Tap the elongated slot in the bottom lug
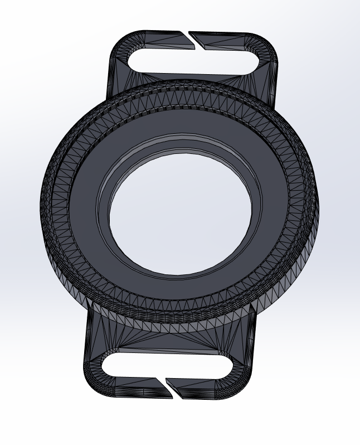coord(167,365)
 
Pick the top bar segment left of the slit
coord(156,39)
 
